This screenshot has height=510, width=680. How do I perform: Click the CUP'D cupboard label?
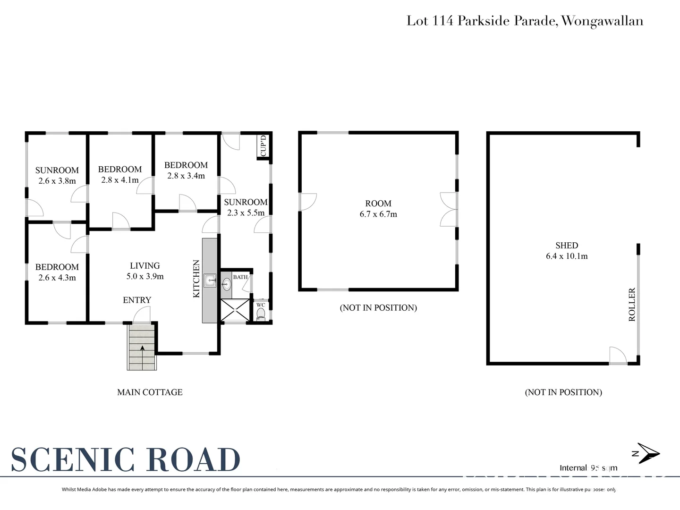(263, 145)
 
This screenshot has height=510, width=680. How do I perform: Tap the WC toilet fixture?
(261, 314)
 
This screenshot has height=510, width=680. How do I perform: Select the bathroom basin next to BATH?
(226, 284)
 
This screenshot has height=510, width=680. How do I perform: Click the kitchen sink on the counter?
(210, 280)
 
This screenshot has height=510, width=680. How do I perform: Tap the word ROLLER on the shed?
(632, 305)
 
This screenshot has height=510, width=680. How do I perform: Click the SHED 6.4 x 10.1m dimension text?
(567, 256)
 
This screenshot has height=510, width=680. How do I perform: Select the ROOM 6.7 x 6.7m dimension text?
(378, 214)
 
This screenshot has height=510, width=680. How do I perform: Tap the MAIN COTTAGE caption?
(150, 392)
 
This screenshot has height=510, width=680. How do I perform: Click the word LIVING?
(145, 266)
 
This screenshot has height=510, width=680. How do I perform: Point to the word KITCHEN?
(196, 279)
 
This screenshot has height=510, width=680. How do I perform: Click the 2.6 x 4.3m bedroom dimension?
(57, 278)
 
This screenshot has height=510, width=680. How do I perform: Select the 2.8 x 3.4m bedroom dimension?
(186, 176)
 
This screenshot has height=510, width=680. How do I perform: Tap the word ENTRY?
(137, 300)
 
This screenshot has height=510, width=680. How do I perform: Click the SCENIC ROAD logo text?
(126, 459)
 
